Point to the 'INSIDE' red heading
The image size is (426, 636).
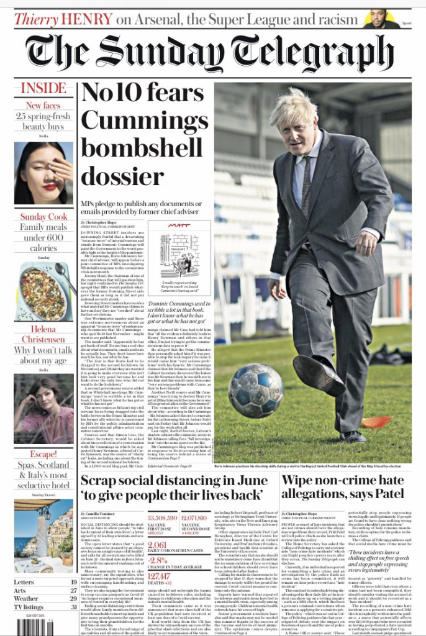43,88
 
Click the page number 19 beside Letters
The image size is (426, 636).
73,582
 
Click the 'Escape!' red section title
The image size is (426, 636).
43,454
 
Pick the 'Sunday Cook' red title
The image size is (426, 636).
43,217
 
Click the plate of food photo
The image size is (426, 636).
43,291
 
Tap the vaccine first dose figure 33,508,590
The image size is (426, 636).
162,518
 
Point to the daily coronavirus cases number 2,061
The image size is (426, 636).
158,545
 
